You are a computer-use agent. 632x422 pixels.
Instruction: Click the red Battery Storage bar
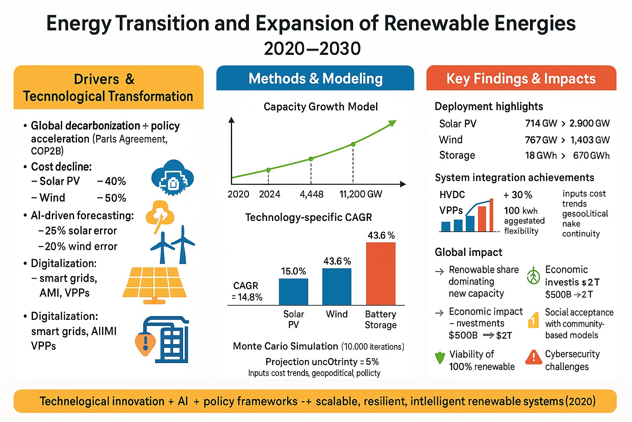tap(381, 274)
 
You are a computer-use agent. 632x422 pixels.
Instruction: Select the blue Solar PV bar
tap(293, 292)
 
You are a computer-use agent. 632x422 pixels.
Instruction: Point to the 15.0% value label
tap(293, 271)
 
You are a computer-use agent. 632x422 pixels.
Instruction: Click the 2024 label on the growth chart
tap(270, 194)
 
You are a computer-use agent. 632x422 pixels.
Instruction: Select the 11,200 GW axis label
tap(360, 194)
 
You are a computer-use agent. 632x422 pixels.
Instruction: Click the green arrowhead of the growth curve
tap(392, 123)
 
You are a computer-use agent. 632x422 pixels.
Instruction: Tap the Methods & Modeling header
tap(315, 78)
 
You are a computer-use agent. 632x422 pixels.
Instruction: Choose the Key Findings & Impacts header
tap(521, 78)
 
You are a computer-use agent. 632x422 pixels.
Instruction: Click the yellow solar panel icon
tap(154, 284)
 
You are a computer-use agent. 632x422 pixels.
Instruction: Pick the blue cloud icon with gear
tap(172, 178)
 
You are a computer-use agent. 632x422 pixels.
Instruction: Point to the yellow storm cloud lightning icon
tap(160, 215)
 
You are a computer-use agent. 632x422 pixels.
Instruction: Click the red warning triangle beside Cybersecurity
tap(534, 357)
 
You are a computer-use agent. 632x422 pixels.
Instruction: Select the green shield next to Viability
tap(440, 357)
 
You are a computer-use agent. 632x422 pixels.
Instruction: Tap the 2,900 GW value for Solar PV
tap(589, 123)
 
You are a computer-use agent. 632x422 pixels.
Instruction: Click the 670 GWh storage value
tap(591, 155)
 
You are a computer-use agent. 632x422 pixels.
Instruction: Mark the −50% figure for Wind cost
tap(112, 198)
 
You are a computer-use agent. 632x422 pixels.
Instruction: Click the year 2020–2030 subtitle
tap(312, 49)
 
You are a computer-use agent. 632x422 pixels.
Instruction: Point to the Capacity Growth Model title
tap(321, 107)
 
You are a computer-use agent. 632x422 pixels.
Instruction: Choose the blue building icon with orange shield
tap(163, 340)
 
